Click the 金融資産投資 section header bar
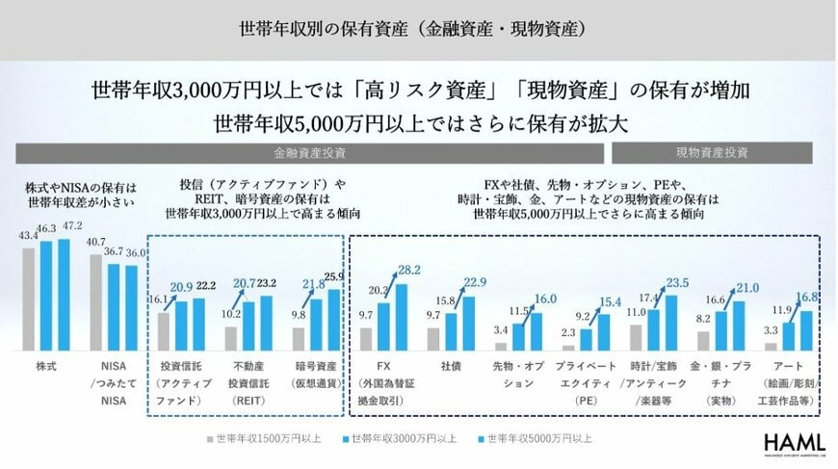coord(308,153)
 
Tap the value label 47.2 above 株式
coord(73,225)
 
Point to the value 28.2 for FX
coord(410,270)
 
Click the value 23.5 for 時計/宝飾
coord(679,282)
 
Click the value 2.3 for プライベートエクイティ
coord(569,332)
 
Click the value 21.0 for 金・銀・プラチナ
coord(746,288)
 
